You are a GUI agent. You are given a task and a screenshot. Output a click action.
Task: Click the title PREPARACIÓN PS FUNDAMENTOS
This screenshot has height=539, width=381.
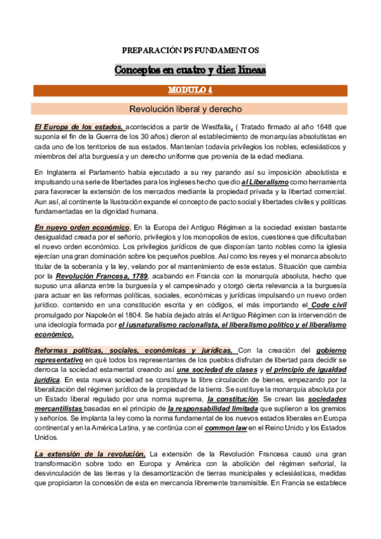coord(190,50)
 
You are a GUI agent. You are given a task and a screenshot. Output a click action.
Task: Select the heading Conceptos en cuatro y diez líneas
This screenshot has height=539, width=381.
coord(190,69)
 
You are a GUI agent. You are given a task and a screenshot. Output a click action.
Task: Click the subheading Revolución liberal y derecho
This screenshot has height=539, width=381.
coord(190,109)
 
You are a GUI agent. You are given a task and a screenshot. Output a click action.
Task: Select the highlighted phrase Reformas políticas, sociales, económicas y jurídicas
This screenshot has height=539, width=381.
coord(135,350)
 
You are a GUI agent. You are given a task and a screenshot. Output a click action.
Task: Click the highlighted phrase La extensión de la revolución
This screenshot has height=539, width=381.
coord(90,453)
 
